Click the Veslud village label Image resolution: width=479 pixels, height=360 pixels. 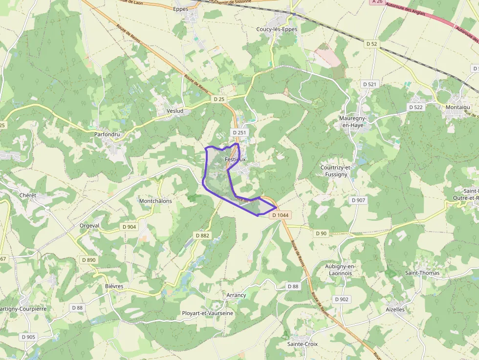pyautogui.click(x=174, y=111)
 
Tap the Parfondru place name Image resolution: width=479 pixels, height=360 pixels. pyautogui.click(x=107, y=134)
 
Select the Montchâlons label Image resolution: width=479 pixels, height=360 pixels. pyautogui.click(x=155, y=201)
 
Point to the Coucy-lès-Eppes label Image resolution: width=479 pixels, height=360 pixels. pyautogui.click(x=277, y=29)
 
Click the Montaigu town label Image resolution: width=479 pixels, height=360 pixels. pyautogui.click(x=457, y=107)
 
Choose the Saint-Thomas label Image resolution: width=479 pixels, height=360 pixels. pyautogui.click(x=422, y=273)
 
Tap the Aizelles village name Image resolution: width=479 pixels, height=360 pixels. pyautogui.click(x=395, y=309)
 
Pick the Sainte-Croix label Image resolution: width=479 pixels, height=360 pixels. pyautogui.click(x=302, y=344)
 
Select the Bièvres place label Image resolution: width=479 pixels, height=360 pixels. pyautogui.click(x=114, y=286)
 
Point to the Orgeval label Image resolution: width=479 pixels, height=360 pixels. pyautogui.click(x=89, y=226)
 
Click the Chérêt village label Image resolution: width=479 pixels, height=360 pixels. pyautogui.click(x=28, y=195)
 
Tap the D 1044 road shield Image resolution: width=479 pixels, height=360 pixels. pyautogui.click(x=281, y=215)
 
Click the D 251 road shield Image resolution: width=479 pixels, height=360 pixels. pyautogui.click(x=239, y=132)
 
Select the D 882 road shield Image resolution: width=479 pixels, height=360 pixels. pyautogui.click(x=202, y=235)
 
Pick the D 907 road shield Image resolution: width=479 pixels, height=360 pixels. pyautogui.click(x=358, y=200)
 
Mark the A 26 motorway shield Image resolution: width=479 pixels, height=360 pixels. pyautogui.click(x=377, y=2)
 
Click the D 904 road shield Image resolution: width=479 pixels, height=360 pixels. pyautogui.click(x=129, y=227)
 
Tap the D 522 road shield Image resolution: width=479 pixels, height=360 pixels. pyautogui.click(x=415, y=107)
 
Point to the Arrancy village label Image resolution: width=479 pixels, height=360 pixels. pyautogui.click(x=236, y=296)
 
